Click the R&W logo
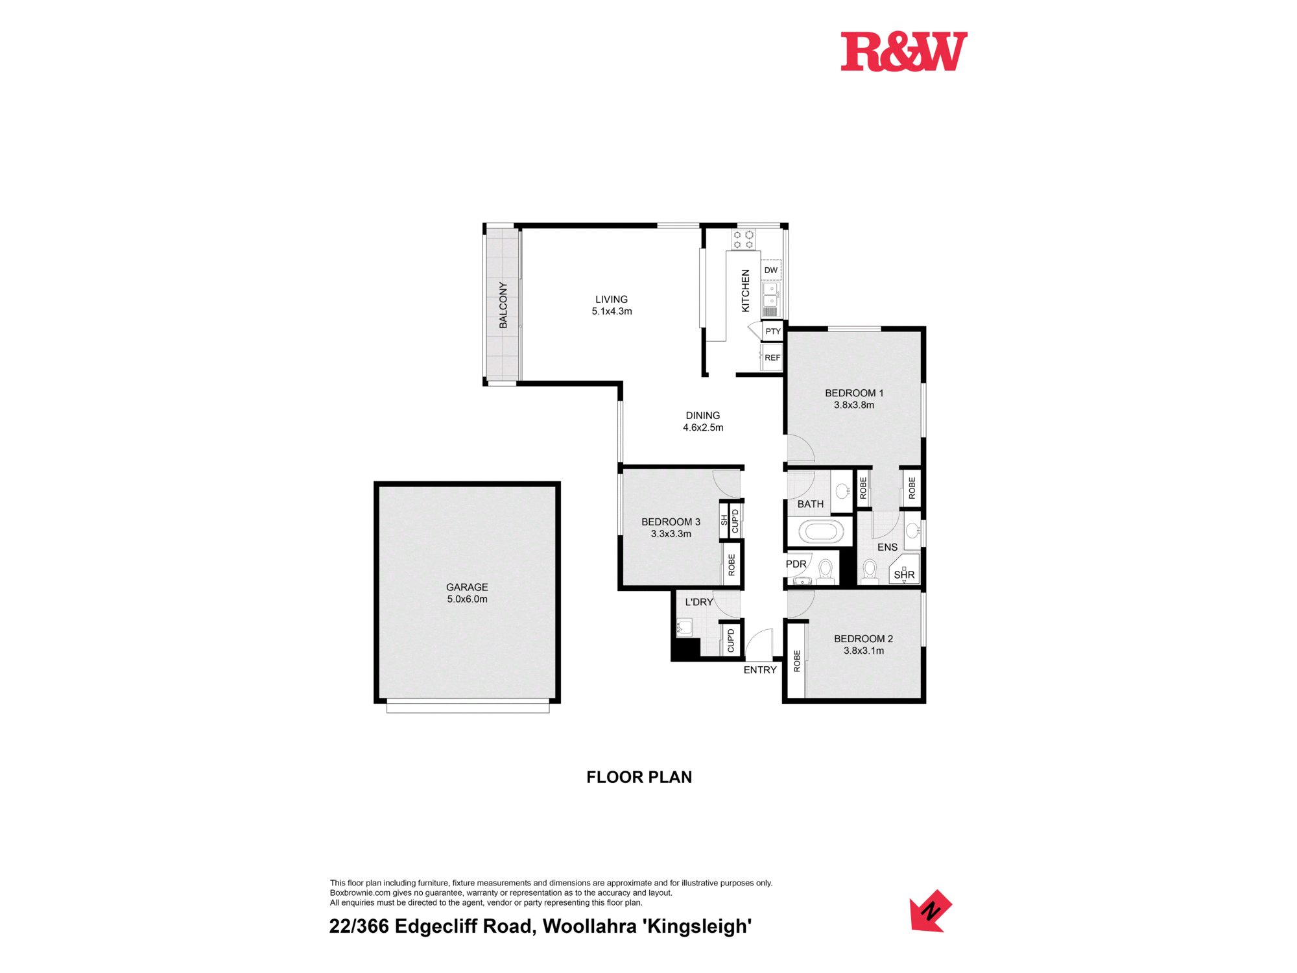904,51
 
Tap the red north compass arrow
931,911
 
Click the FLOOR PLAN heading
639,777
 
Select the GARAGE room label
467,587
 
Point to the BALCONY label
503,305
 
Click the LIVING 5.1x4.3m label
612,305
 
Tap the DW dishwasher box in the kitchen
771,270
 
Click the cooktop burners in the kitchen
743,240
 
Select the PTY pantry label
773,331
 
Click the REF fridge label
772,357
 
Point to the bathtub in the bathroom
820,532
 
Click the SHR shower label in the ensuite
904,575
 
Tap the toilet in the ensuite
870,571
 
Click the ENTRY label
760,670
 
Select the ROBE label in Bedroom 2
797,661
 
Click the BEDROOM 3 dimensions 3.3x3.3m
671,534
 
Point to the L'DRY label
699,602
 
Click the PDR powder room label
796,564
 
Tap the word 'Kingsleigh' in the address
698,926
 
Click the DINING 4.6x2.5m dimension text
703,427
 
